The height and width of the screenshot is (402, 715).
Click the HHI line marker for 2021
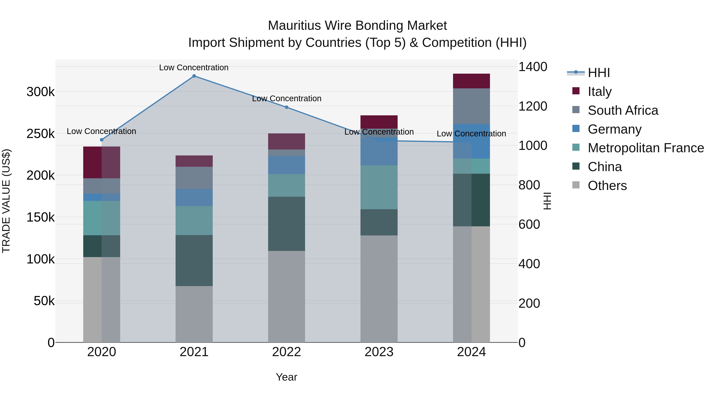(x=194, y=76)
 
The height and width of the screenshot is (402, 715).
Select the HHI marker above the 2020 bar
(x=101, y=140)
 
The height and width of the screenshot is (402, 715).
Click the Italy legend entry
(x=600, y=92)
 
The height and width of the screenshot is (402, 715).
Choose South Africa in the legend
(x=623, y=110)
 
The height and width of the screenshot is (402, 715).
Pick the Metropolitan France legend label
(x=646, y=148)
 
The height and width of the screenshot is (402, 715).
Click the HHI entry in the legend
(x=599, y=73)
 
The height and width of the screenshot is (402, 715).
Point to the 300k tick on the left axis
(x=41, y=92)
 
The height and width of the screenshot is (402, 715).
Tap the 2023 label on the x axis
(x=379, y=352)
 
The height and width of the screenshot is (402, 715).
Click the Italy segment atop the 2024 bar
(x=471, y=81)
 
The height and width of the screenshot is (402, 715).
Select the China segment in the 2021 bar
(x=194, y=260)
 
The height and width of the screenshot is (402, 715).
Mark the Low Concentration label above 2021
(x=194, y=68)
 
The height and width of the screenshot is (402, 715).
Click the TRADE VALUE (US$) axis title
(x=6, y=201)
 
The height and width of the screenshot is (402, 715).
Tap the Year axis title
(x=286, y=377)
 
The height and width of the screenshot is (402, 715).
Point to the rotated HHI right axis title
(x=547, y=201)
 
